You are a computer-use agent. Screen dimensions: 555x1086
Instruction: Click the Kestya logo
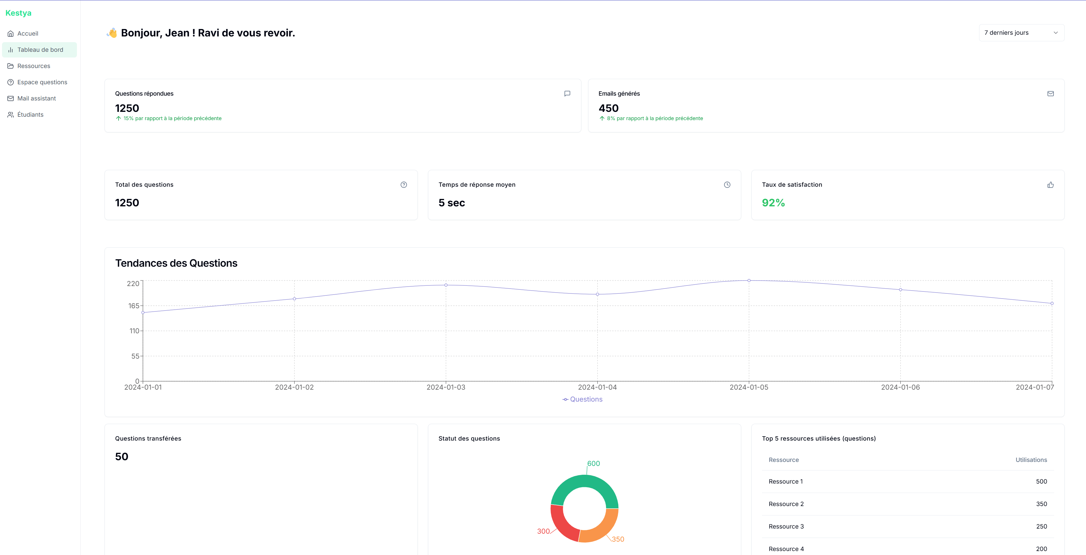[x=18, y=13]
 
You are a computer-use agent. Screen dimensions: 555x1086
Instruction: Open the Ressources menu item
[x=33, y=66]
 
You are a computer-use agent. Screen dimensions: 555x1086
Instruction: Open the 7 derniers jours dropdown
[x=1021, y=33]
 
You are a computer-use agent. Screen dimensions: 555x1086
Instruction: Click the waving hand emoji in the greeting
[x=112, y=33]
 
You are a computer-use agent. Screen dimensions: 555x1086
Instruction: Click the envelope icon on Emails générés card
[x=1050, y=93]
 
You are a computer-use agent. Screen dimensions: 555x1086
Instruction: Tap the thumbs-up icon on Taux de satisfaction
[x=1050, y=185]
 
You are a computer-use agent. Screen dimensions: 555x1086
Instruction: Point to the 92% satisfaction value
[x=773, y=203]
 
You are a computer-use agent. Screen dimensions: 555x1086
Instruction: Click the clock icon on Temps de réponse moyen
[x=727, y=185]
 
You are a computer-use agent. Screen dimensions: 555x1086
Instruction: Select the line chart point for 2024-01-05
[x=749, y=280]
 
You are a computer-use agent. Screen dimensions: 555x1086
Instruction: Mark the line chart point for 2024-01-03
[x=446, y=285]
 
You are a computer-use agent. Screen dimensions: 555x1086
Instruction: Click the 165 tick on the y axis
[x=134, y=306]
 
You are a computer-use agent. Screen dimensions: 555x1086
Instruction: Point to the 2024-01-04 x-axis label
[x=597, y=387]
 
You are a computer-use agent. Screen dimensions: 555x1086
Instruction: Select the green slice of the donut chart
[x=584, y=482]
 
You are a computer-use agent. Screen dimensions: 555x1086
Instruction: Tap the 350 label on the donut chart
[x=618, y=539]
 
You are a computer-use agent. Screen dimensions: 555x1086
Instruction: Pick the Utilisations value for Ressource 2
[x=1041, y=504]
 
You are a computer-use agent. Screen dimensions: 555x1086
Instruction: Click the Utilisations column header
[x=1031, y=460]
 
